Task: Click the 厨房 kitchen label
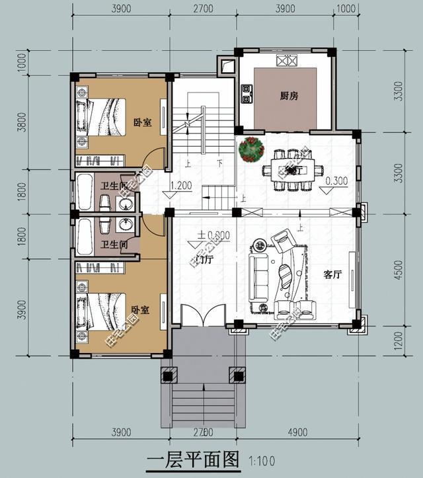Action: pos(289,96)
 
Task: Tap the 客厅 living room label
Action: pos(332,275)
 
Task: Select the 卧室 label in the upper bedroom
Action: pos(142,122)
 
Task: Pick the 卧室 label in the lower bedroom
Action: pos(139,309)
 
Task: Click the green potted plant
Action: pos(252,149)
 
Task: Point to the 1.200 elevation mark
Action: pos(180,186)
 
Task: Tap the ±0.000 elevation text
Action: pos(213,235)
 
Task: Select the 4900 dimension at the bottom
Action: pos(298,432)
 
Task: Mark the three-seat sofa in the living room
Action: pos(256,278)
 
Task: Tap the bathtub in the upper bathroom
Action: pos(84,191)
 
